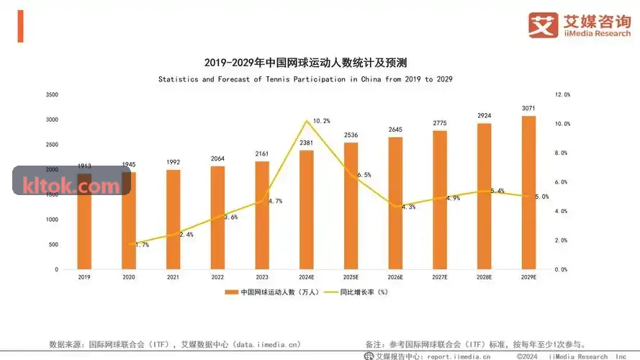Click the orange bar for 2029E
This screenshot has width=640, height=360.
click(x=528, y=193)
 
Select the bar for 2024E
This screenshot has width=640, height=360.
click(x=307, y=210)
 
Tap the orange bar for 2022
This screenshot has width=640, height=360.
click(x=217, y=217)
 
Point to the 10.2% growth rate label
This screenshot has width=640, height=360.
click(x=322, y=121)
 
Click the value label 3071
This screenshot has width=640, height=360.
click(x=528, y=108)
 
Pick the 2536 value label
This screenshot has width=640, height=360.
click(x=351, y=135)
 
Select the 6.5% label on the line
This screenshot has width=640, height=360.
click(x=364, y=175)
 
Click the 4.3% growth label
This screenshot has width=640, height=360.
click(x=408, y=207)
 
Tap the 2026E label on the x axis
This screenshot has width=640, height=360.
click(x=395, y=277)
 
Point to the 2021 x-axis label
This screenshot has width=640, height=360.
click(x=173, y=277)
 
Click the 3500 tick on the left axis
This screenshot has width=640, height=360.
click(x=53, y=95)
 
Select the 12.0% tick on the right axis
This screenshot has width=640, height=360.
click(x=562, y=95)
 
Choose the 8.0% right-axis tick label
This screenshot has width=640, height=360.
click(x=561, y=153)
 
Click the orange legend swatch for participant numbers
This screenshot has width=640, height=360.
click(x=231, y=292)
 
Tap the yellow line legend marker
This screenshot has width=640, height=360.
click(x=330, y=292)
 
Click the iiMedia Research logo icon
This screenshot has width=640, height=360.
click(x=544, y=25)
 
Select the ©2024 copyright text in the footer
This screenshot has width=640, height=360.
click(x=527, y=356)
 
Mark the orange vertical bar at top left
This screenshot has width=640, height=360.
click(x=20, y=26)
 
